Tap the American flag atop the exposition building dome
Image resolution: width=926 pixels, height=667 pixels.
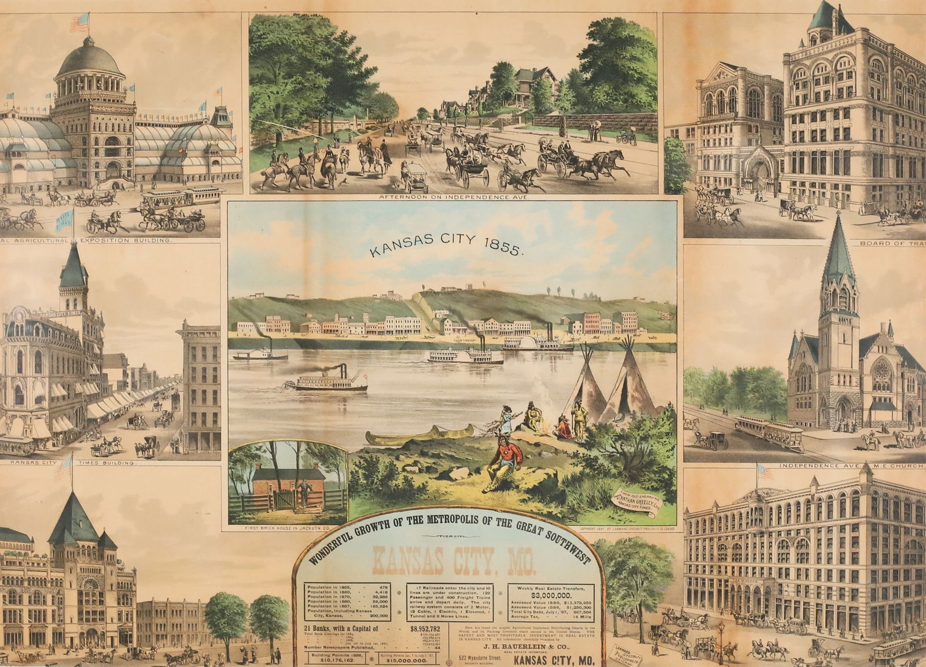pos(78,23)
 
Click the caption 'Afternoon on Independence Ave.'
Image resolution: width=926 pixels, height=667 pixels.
pos(451,197)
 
